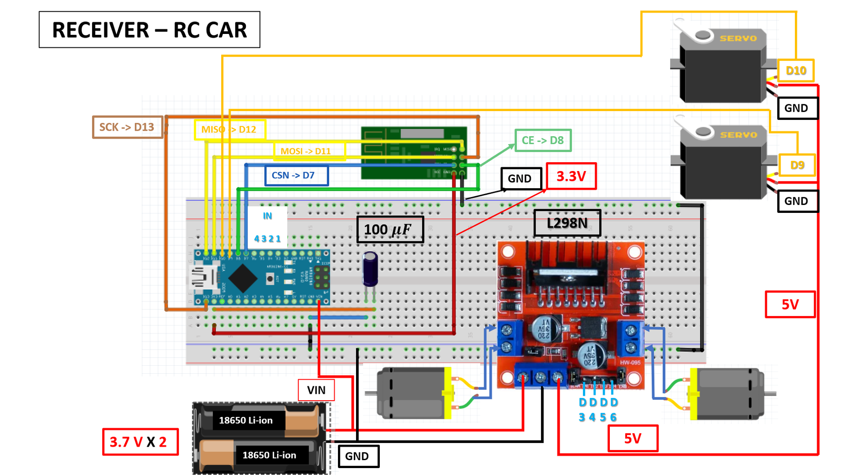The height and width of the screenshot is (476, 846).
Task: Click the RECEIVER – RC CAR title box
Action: coord(149,30)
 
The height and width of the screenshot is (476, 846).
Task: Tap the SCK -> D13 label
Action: coord(127,127)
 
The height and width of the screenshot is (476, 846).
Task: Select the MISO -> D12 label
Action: coord(230,129)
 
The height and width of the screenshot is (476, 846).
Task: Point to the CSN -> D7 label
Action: coord(296,175)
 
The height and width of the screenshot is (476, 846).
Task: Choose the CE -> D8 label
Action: coord(542,140)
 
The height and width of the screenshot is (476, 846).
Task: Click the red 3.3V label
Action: coord(571,176)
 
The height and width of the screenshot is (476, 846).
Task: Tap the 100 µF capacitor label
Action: coord(390,229)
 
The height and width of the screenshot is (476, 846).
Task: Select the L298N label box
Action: coord(567,223)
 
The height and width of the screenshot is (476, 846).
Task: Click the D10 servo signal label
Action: coord(795,71)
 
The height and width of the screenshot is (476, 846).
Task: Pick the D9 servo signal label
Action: coord(797,165)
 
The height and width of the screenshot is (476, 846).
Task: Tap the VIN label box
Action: coord(316,390)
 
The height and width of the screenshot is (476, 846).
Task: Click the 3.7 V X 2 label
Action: coord(140,442)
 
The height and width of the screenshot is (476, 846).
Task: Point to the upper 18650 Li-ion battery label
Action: coord(246,420)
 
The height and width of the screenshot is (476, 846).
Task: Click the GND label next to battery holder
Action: coord(357,456)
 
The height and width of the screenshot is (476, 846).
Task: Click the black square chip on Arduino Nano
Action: coord(243,278)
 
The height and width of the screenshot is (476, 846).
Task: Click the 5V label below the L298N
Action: coord(632,438)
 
